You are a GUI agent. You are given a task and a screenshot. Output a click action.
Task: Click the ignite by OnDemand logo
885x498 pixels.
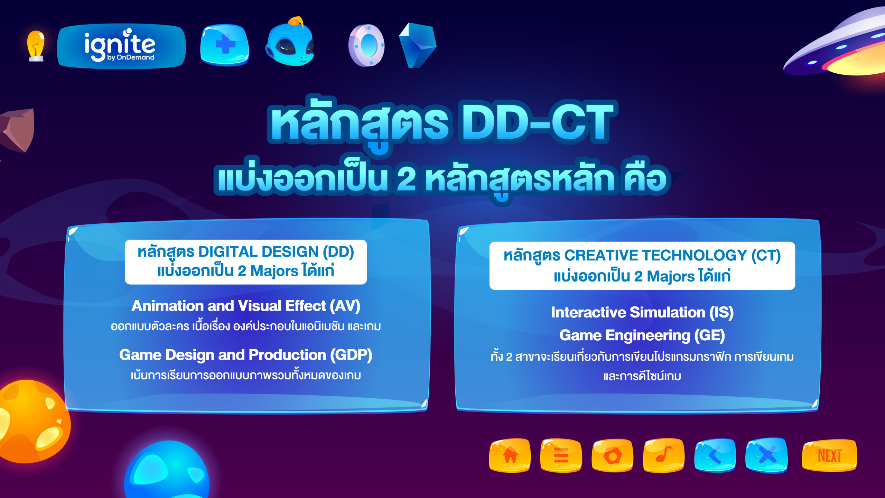(x=121, y=46)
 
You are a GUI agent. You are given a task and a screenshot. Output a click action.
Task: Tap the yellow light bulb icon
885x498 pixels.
(x=36, y=45)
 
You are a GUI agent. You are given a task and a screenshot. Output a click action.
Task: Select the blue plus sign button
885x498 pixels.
(x=225, y=45)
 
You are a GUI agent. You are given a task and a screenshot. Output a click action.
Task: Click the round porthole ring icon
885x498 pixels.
(x=366, y=45)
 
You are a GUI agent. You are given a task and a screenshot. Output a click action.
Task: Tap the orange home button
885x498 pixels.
(x=510, y=455)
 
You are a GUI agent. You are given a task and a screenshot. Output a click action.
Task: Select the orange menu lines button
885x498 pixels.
(x=561, y=455)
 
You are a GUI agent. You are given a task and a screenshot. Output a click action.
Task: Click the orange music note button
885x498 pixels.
(x=664, y=455)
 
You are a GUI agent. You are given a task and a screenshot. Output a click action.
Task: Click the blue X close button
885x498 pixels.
(x=767, y=455)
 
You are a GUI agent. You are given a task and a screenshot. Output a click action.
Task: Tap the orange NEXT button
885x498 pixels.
(x=829, y=455)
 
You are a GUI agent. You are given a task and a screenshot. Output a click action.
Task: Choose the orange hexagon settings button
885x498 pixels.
(x=612, y=455)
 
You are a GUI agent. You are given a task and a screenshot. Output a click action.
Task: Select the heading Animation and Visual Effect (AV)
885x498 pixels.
(x=246, y=306)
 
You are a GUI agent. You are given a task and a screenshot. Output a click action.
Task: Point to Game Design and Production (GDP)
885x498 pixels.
(x=246, y=355)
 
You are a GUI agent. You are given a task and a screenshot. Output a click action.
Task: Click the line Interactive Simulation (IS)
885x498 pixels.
(x=642, y=312)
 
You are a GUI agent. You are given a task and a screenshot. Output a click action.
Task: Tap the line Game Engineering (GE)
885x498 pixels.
(x=642, y=335)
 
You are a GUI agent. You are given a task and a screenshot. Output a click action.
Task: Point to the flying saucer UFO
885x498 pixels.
(x=844, y=48)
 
